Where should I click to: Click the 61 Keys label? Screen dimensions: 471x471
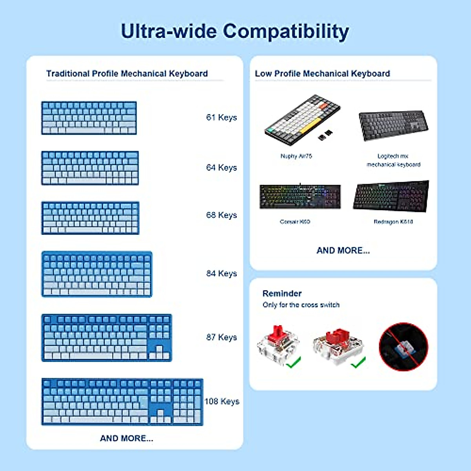pos(221,117)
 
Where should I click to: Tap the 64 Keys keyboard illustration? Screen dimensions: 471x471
pos(90,168)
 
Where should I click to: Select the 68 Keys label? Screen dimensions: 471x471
pos(221,215)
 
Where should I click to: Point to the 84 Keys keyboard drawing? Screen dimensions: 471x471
pos(97,274)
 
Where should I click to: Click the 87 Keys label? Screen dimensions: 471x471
pos(221,337)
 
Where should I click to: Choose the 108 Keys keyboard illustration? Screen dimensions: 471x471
pos(122,402)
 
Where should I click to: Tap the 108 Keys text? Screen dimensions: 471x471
pos(222,401)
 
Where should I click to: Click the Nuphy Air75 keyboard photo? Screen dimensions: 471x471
pos(302,119)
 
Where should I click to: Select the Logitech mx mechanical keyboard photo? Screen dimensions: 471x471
pos(393,125)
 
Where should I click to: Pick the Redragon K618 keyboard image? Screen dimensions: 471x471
pos(391,195)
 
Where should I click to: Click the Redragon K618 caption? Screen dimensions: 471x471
pos(393,222)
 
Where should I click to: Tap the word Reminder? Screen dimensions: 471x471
pos(282,294)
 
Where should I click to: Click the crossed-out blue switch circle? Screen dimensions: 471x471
pos(403,347)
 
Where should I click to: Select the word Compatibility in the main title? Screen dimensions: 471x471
pos(286,31)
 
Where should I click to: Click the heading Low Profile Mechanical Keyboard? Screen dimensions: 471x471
pos(322,73)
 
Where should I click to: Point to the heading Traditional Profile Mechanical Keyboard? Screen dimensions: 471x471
pos(127,73)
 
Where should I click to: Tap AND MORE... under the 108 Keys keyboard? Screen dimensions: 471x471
pos(126,438)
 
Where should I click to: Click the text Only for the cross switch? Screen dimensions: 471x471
pos(301,305)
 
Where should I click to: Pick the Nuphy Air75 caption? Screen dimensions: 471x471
pos(296,156)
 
